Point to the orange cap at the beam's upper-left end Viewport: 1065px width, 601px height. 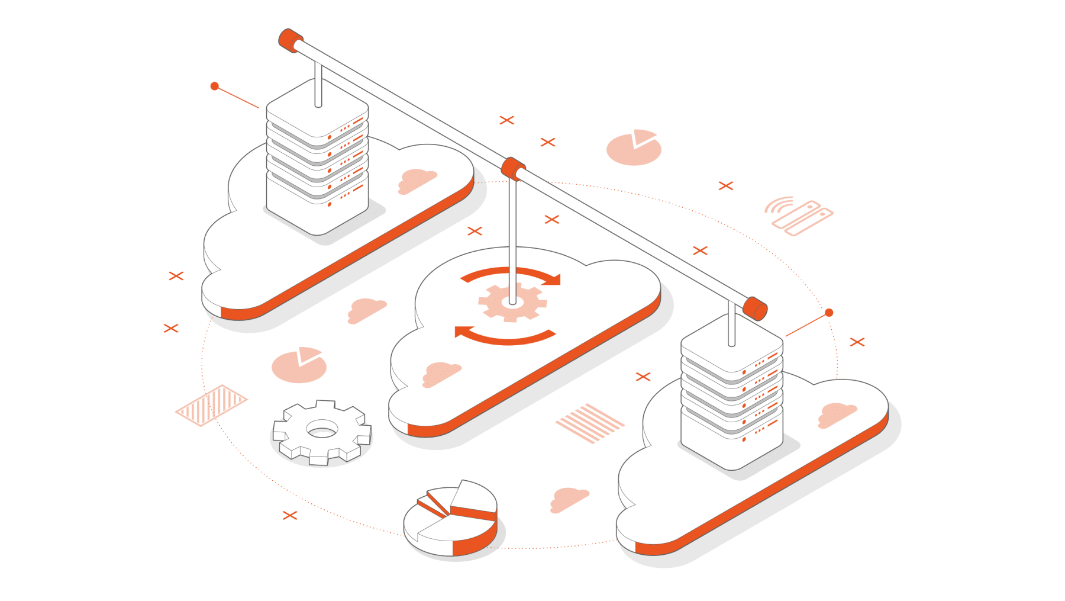[x=289, y=40]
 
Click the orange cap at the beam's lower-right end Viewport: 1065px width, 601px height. [x=755, y=308]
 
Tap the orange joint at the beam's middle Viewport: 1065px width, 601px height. [x=512, y=168]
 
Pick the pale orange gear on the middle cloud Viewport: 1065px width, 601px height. [x=512, y=302]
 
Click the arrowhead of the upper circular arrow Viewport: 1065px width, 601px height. [x=554, y=279]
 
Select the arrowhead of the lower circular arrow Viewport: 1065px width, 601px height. [x=461, y=332]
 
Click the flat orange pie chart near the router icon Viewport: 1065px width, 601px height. [x=633, y=147]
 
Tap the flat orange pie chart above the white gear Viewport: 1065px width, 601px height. [x=299, y=365]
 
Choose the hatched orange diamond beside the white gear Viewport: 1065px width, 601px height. [x=211, y=405]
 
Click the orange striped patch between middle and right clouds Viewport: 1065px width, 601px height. [x=589, y=423]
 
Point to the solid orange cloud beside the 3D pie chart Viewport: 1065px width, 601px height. [x=569, y=499]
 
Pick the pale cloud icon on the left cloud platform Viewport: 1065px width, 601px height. [x=417, y=180]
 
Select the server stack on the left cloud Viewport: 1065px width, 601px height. [x=317, y=160]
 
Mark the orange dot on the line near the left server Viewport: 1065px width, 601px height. [x=215, y=86]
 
